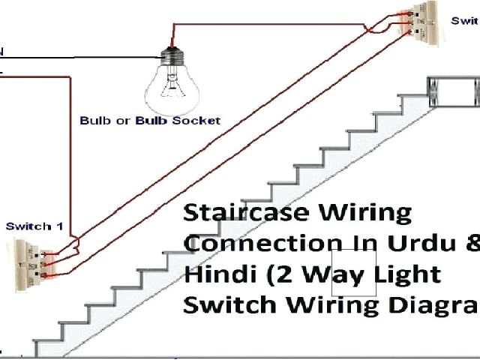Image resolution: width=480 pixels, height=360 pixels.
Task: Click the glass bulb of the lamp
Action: [x=172, y=84]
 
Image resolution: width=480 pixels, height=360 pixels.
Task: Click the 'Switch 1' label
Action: [x=29, y=226]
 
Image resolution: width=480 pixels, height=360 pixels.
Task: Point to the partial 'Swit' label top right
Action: [x=464, y=21]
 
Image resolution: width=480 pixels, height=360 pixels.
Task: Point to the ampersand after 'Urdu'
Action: [x=470, y=243]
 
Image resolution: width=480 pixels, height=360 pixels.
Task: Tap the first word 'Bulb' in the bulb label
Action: [x=94, y=120]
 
